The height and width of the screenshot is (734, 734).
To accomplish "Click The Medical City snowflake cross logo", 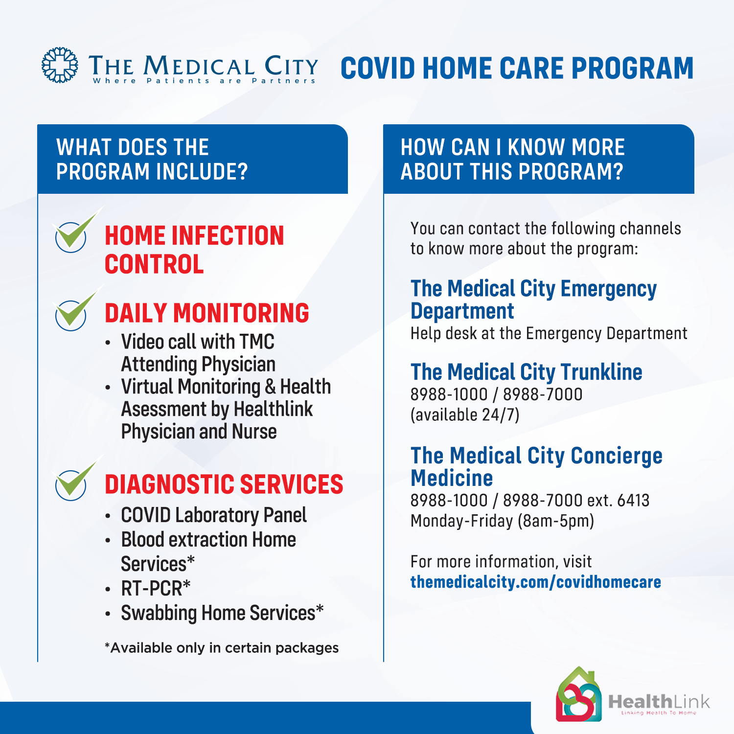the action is [60, 65].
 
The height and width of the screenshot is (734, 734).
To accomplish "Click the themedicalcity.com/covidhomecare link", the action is [536, 582].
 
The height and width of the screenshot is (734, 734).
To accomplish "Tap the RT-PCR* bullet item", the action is [156, 588].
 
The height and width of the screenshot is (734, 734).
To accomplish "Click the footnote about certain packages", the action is [222, 648].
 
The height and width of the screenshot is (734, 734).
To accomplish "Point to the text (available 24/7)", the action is [465, 415].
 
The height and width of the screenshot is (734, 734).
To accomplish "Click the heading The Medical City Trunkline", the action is [527, 372].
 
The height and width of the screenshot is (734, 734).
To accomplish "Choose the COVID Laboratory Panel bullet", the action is [214, 515].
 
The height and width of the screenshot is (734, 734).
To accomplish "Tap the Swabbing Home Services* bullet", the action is [223, 613].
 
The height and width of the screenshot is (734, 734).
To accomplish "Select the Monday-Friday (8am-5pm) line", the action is [502, 521].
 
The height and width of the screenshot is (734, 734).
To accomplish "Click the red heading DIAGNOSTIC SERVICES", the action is [224, 484].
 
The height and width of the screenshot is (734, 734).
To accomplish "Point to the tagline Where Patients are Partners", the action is [205, 81].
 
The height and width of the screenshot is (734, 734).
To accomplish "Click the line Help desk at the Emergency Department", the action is [549, 334].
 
